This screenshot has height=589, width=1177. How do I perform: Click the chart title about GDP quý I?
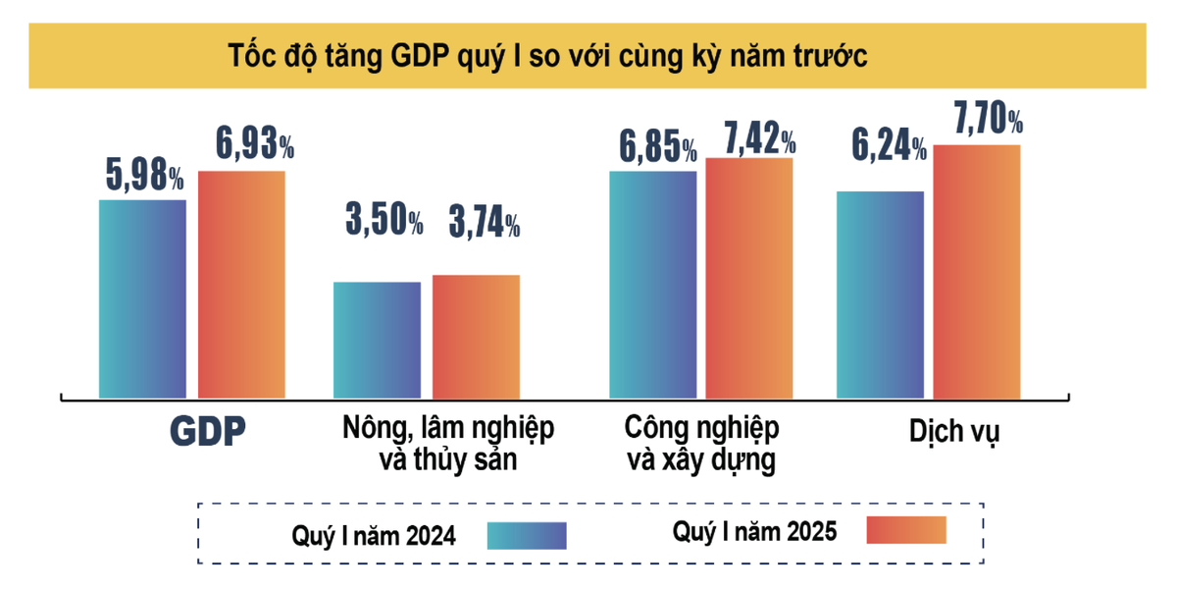tap(548, 56)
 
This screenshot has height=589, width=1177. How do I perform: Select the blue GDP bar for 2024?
tap(142, 299)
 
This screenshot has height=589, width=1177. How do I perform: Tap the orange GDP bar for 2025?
tap(241, 285)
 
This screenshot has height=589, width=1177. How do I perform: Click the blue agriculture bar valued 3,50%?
tap(377, 340)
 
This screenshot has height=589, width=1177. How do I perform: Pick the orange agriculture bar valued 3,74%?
tap(476, 337)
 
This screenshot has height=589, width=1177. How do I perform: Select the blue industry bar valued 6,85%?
tap(653, 285)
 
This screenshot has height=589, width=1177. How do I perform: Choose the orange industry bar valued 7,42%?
tap(749, 278)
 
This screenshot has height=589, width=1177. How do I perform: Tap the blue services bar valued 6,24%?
tap(880, 294)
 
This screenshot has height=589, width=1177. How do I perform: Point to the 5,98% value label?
tap(143, 177)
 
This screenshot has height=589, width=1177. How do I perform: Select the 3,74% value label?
tap(484, 224)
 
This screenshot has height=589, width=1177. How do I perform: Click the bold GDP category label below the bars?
tap(207, 432)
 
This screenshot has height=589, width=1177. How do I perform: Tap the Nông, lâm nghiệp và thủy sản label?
tap(448, 444)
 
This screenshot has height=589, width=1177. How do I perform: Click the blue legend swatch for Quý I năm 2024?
tap(526, 534)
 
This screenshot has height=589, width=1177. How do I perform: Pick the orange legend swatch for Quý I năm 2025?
tap(906, 529)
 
